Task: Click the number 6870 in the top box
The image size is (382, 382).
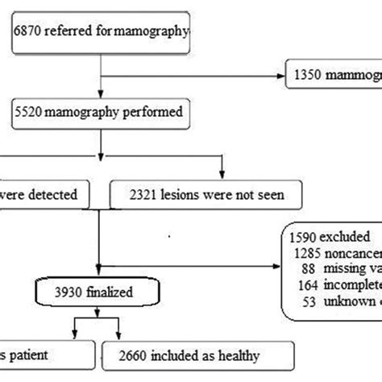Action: (x=28, y=33)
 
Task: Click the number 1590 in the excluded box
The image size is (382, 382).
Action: (x=305, y=237)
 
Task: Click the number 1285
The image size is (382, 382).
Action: (x=309, y=251)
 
